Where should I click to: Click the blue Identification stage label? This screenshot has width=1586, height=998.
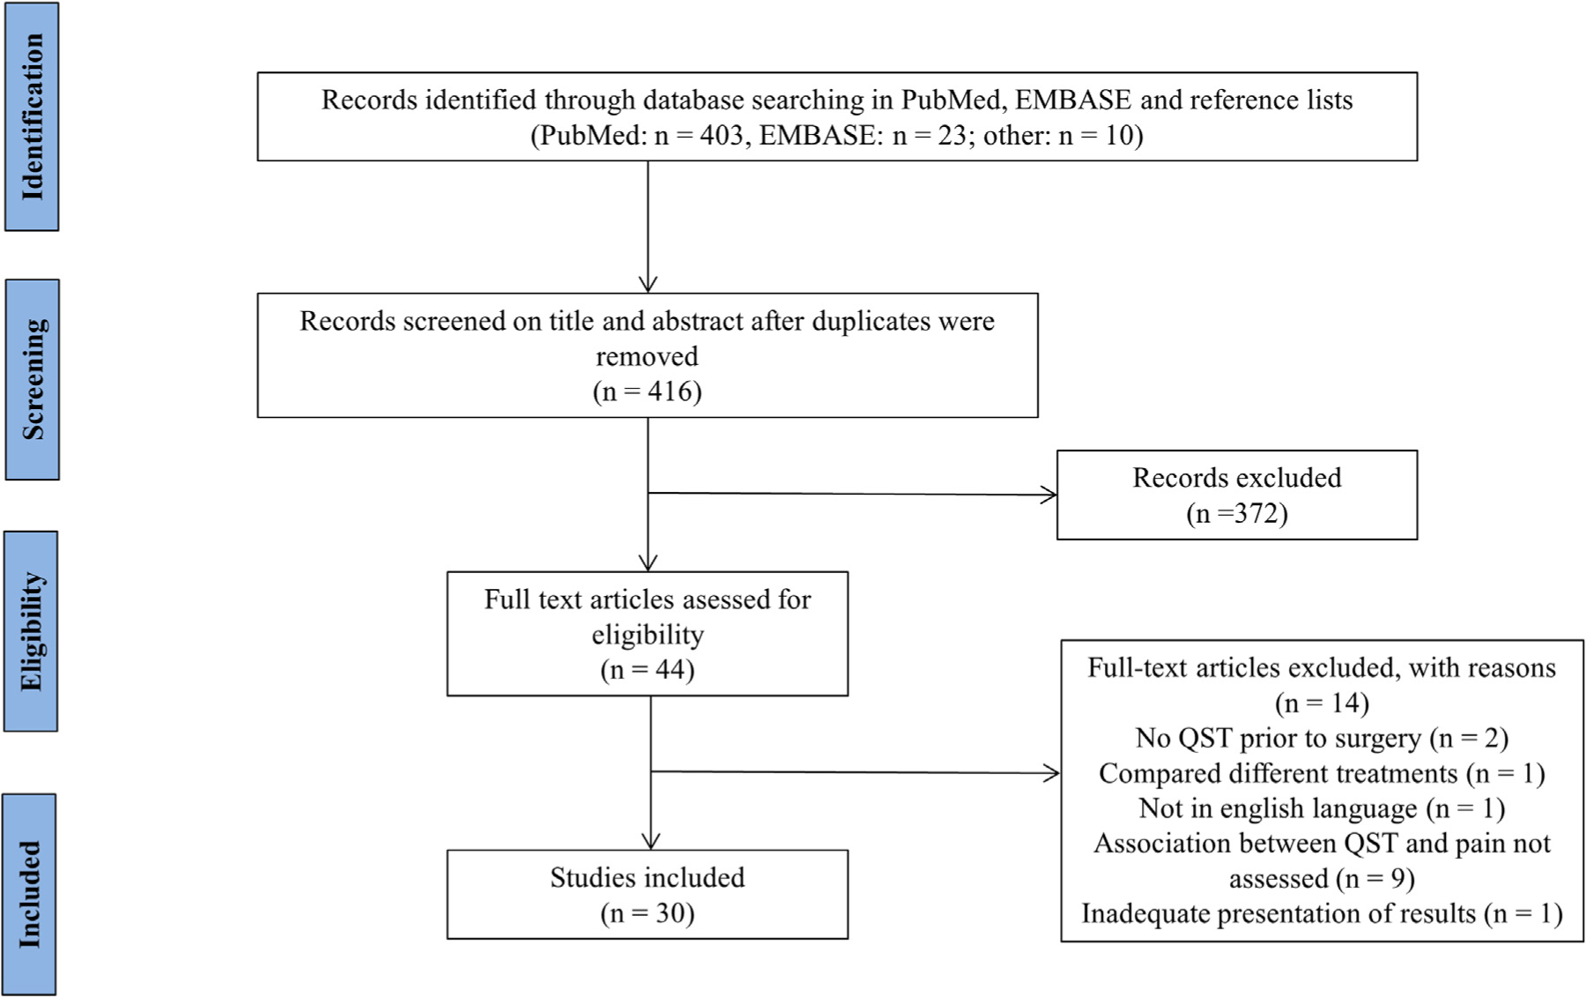(32, 116)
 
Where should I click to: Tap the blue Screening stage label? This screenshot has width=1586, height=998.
(33, 379)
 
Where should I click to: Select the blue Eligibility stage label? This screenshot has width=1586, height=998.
(31, 631)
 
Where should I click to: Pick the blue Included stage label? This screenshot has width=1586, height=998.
(29, 894)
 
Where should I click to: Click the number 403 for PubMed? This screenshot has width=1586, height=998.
(721, 135)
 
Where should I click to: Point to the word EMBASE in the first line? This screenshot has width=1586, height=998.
(1072, 100)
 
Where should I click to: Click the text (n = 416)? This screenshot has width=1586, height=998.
(647, 391)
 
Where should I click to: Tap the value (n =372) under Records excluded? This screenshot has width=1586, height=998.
(1236, 513)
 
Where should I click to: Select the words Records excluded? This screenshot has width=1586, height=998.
(1236, 478)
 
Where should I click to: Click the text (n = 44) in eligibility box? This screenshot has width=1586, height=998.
(647, 670)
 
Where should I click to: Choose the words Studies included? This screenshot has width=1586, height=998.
(647, 877)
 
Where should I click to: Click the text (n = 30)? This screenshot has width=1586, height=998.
(647, 913)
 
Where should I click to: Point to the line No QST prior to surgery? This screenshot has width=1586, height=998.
(1321, 738)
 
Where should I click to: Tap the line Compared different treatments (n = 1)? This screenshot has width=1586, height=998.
(1321, 773)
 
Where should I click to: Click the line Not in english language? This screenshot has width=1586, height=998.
(1321, 808)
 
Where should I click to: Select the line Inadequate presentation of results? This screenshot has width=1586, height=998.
(1321, 913)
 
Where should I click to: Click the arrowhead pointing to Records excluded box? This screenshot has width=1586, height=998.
(1049, 495)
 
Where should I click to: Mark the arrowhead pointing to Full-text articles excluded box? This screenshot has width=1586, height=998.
(1052, 773)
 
